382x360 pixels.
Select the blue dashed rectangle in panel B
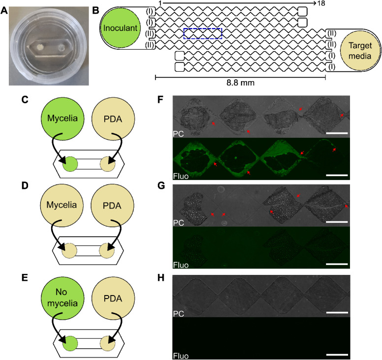[203, 33]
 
